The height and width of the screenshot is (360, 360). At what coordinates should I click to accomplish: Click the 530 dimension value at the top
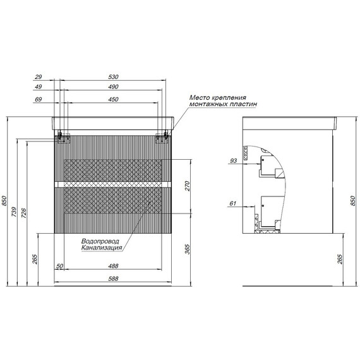(x=113, y=76)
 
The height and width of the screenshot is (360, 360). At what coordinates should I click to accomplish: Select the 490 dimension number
(x=113, y=87)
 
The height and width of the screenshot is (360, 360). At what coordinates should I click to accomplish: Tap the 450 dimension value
(x=113, y=99)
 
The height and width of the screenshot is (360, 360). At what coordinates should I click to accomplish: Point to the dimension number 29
(x=38, y=76)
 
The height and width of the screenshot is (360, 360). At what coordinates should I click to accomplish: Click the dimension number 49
(x=38, y=87)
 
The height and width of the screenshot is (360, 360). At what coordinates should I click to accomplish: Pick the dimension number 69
(x=38, y=99)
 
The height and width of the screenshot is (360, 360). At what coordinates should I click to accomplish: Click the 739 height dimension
(x=15, y=212)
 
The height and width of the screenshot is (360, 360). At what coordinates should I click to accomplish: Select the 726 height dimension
(x=24, y=213)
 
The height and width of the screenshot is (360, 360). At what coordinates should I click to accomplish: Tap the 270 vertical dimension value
(x=188, y=186)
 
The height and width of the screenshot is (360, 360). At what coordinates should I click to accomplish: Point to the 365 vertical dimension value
(x=188, y=249)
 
